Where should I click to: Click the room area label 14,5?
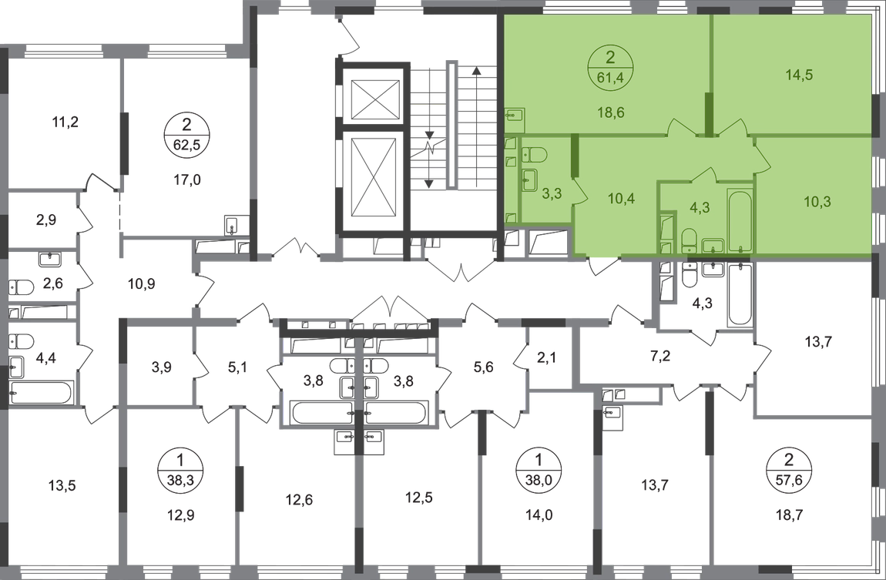click(x=799, y=75)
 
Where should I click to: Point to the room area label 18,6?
click(x=611, y=112)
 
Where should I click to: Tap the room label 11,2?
click(x=65, y=122)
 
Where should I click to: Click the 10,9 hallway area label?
click(x=141, y=284)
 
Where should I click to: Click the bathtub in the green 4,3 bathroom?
click(x=740, y=222)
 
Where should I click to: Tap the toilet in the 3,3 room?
click(x=533, y=154)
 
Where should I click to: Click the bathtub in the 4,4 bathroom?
click(x=42, y=393)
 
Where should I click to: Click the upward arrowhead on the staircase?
click(x=476, y=71)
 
